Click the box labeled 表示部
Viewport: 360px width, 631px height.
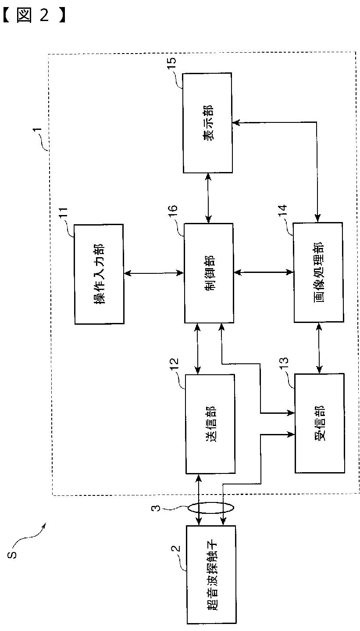(207, 123)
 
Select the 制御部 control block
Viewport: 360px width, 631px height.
(208, 273)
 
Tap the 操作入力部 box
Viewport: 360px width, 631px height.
(99, 274)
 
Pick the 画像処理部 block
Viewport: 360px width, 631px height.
(318, 273)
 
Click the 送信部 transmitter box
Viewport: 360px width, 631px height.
(210, 423)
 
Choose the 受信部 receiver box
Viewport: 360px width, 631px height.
(319, 423)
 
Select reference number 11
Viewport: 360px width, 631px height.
(64, 215)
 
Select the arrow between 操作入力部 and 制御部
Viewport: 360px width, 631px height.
(153, 273)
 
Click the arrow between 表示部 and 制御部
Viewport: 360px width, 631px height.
(208, 197)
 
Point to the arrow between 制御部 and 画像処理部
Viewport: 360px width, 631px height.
(263, 273)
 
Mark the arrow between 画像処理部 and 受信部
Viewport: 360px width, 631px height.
(319, 348)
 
